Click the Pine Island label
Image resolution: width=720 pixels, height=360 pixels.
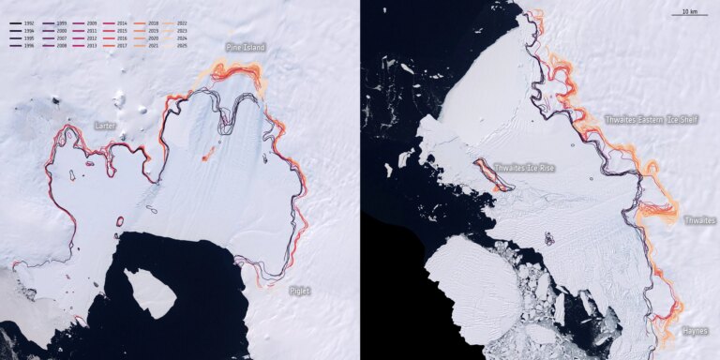click(x=246, y=47)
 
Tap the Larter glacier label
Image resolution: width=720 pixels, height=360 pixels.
click(x=106, y=124)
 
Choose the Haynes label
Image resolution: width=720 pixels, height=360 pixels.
click(x=696, y=330)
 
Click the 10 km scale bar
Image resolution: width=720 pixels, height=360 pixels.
click(x=689, y=14)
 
